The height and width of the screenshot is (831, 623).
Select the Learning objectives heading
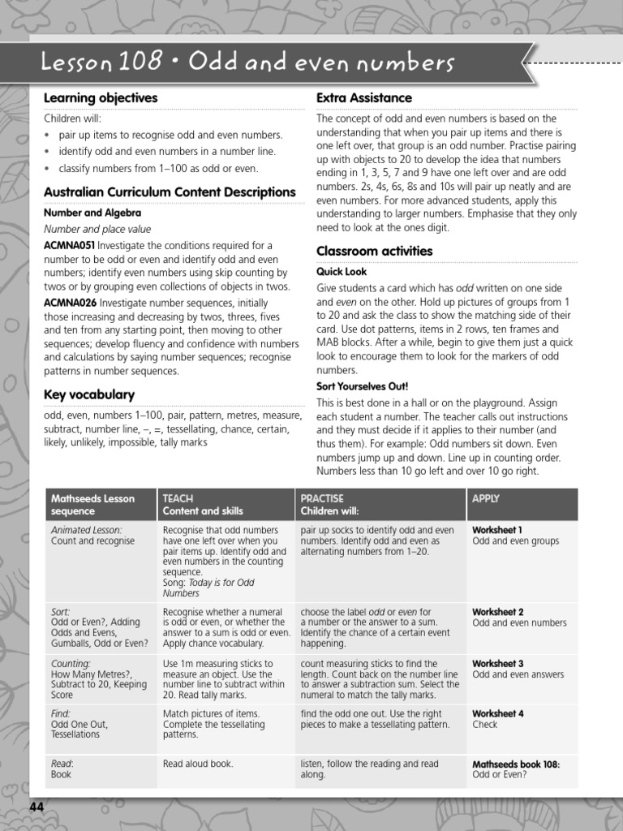pyautogui.click(x=101, y=98)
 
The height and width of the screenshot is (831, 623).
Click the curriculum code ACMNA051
pyautogui.click(x=69, y=245)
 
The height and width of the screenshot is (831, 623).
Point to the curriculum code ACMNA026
pyautogui.click(x=70, y=302)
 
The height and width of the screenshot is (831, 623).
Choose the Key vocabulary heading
pyautogui.click(x=89, y=394)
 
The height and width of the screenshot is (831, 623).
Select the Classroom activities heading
pyautogui.click(x=375, y=251)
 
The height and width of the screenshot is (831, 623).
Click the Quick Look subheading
pyautogui.click(x=342, y=272)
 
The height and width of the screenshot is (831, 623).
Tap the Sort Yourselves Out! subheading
pyautogui.click(x=362, y=386)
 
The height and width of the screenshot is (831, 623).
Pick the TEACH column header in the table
pyautogui.click(x=178, y=498)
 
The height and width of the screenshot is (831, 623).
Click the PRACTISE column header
pyautogui.click(x=322, y=498)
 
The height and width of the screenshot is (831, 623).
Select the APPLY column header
pyautogui.click(x=486, y=498)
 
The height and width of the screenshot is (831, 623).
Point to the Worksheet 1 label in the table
pyautogui.click(x=497, y=530)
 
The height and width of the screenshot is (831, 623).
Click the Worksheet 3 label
pyautogui.click(x=497, y=664)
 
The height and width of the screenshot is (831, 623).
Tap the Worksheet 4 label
pyautogui.click(x=497, y=714)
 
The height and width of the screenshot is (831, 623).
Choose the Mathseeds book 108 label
pyautogui.click(x=516, y=764)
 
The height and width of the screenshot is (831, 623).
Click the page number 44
pyautogui.click(x=37, y=807)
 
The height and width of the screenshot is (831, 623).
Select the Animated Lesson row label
pyautogui.click(x=86, y=530)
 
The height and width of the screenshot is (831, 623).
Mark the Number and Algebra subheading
pyautogui.click(x=87, y=213)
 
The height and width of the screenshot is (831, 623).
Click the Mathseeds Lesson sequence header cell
pyautogui.click(x=92, y=505)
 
